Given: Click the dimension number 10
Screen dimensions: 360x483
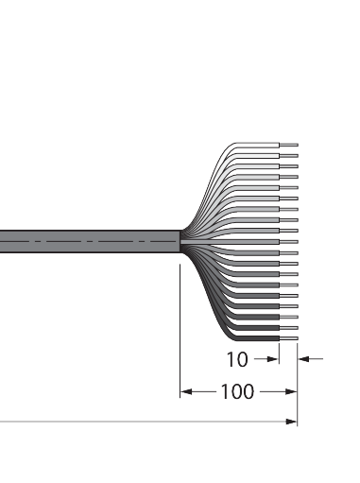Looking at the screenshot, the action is point(237,359).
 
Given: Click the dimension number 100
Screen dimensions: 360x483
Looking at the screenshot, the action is point(237,391).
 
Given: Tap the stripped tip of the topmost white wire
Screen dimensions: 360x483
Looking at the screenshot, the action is point(289,145).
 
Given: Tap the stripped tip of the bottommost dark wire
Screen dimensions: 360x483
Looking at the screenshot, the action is point(289,338).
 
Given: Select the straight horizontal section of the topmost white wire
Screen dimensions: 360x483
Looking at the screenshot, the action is point(258,145).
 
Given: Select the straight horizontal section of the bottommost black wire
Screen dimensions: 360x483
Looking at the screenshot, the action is point(258,338).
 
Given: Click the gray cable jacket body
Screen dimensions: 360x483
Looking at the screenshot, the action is point(90,242).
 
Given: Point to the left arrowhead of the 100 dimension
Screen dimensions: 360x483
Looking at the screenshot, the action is point(186,391).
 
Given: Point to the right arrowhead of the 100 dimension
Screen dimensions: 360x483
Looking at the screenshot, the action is point(291,391).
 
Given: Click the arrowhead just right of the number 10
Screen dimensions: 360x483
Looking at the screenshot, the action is point(273,359).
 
